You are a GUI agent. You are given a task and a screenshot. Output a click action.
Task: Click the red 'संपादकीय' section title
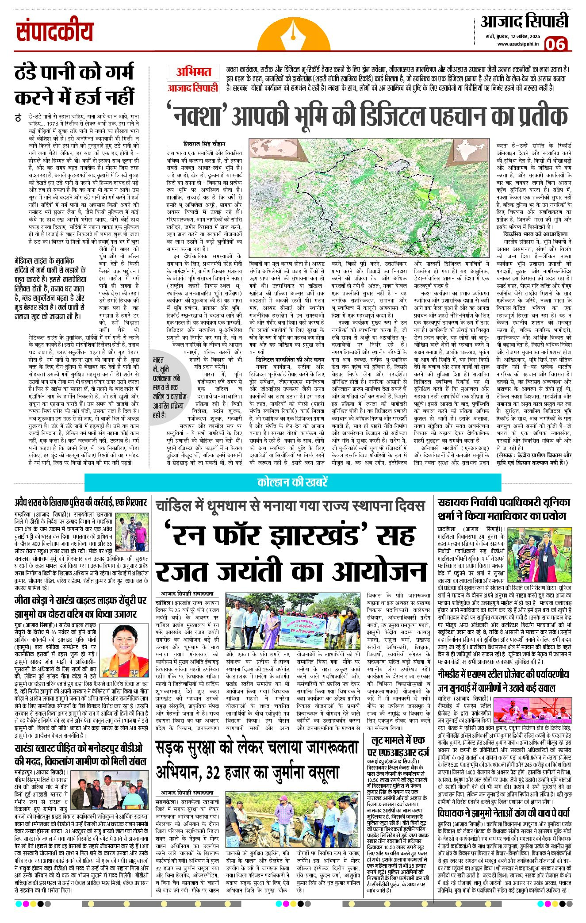54,32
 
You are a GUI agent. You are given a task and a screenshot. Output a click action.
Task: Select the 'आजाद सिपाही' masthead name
524,22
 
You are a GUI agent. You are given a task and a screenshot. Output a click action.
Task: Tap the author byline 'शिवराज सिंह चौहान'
204,144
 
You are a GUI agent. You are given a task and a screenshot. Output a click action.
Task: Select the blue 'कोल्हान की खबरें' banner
292,483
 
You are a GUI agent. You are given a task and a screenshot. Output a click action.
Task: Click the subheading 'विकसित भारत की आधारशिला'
535,234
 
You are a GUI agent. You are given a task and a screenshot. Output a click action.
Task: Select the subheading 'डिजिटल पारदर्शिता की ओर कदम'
290,360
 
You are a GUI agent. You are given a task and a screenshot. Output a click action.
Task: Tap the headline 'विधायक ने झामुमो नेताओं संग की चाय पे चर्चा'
503,813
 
